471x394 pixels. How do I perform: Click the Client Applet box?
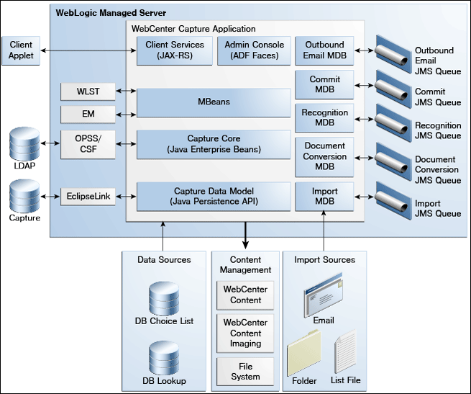click(21, 50)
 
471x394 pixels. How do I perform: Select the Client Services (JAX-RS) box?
click(175, 50)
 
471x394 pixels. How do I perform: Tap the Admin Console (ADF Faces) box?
click(254, 50)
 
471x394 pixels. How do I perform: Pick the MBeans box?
click(214, 102)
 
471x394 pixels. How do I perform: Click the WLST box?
click(88, 91)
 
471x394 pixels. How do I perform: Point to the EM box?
click(88, 114)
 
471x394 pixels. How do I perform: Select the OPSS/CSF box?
click(88, 144)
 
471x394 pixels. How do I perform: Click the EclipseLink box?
click(88, 197)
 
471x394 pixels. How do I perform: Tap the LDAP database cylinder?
click(24, 143)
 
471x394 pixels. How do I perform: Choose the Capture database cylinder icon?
click(24, 196)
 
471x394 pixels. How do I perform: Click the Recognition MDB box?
click(324, 117)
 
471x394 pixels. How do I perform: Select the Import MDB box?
click(324, 196)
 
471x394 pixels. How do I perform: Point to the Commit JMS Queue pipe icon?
click(393, 89)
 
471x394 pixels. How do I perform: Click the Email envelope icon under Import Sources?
click(323, 295)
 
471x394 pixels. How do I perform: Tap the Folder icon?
click(303, 352)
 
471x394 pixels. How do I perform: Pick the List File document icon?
click(345, 352)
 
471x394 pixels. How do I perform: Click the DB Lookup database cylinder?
click(164, 358)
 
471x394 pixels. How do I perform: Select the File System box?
click(245, 372)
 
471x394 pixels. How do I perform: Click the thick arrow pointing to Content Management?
click(245, 236)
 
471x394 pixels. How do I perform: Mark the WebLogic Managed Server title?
click(111, 13)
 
